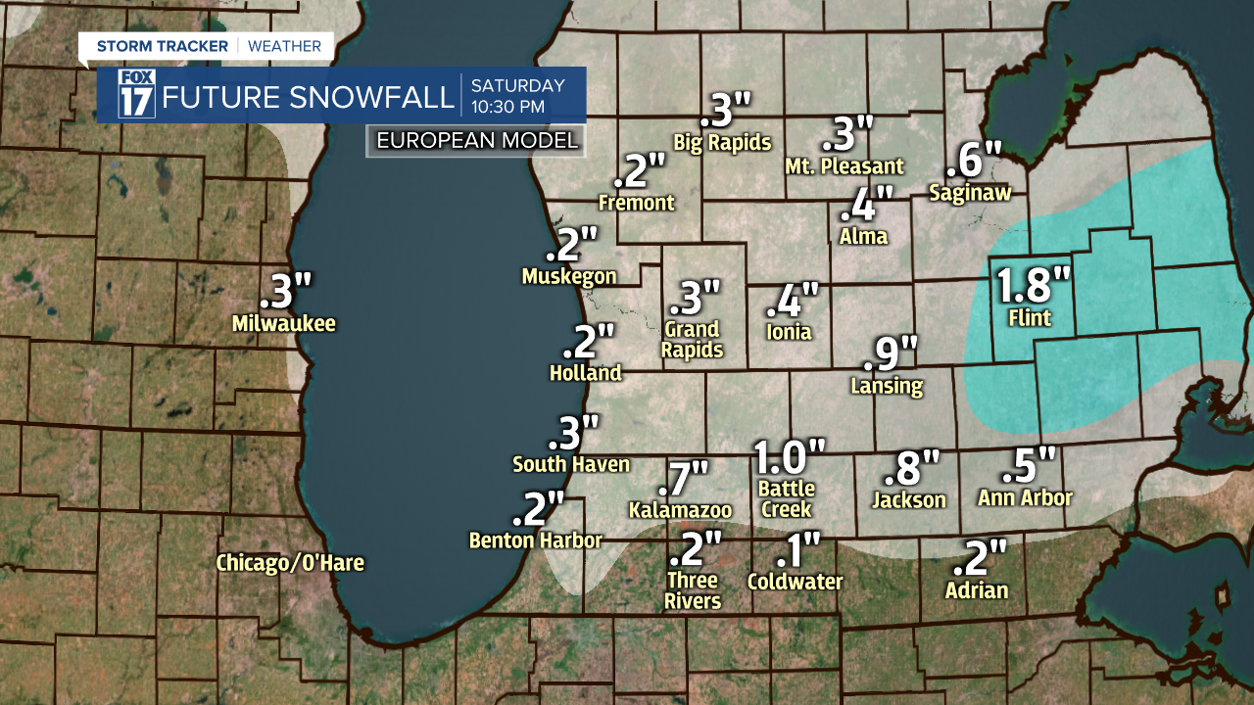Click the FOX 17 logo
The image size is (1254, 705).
click(x=136, y=94)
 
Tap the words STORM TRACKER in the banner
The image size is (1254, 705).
click(x=163, y=46)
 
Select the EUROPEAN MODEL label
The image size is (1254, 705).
click(x=477, y=140)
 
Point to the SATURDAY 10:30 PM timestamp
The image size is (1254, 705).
click(x=517, y=95)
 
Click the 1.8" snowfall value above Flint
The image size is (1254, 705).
click(x=1034, y=286)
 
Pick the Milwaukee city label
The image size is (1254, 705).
click(x=284, y=323)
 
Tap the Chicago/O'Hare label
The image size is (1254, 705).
click(x=290, y=563)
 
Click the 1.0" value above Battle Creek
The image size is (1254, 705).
click(x=789, y=457)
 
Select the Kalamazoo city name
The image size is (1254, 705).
click(x=680, y=510)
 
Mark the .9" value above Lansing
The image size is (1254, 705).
click(x=894, y=352)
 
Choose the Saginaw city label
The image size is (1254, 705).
click(x=970, y=193)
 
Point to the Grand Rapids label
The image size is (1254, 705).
click(x=693, y=339)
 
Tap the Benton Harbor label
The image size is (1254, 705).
click(x=535, y=540)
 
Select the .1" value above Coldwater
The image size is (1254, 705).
click(x=796, y=551)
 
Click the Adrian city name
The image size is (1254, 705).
click(x=977, y=590)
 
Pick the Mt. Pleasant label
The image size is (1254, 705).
click(x=844, y=166)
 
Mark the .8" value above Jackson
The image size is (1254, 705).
click(x=911, y=468)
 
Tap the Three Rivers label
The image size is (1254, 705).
click(x=693, y=590)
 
